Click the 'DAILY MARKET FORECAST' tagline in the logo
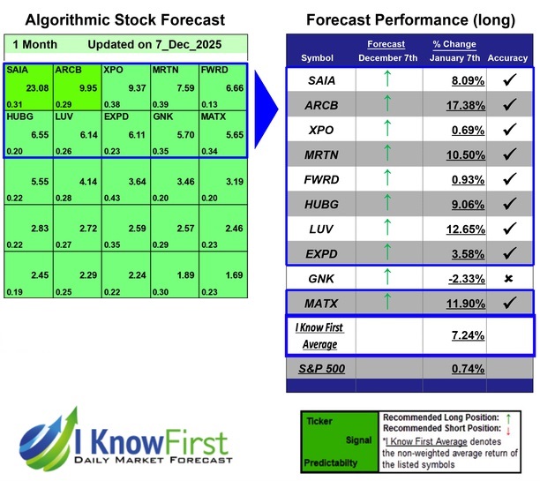click(x=150, y=461)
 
